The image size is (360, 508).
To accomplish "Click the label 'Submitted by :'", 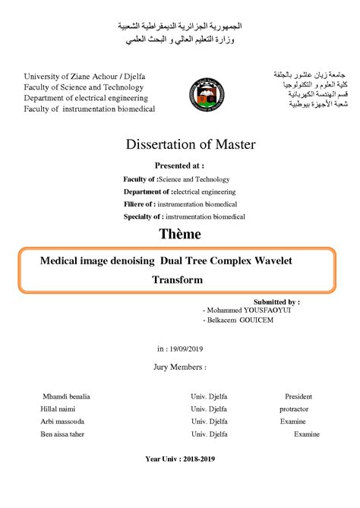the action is tap(276, 301).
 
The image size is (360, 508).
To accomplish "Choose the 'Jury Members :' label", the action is tap(179, 366).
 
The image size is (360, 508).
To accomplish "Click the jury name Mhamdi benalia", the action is tap(67, 396).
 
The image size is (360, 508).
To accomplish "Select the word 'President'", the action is tap(298, 396).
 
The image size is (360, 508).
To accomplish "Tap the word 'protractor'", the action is tap(293, 409).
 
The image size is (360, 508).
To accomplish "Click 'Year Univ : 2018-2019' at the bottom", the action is tap(180, 459).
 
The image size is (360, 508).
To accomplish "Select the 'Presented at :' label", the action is tap(179, 166).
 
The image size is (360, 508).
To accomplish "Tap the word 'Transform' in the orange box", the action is tap(178, 279).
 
